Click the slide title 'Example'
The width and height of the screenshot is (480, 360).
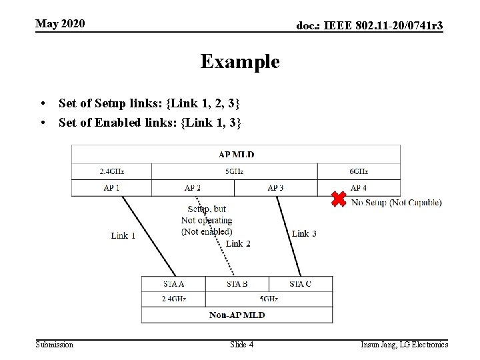(x=240, y=62)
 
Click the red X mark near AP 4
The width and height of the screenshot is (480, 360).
(x=339, y=199)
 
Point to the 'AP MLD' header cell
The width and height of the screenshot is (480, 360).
(x=237, y=155)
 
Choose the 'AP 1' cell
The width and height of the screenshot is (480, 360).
(x=111, y=188)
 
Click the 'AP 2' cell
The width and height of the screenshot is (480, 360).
(x=193, y=188)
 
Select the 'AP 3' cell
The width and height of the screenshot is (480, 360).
(x=275, y=188)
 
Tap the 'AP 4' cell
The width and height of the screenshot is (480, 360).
(x=359, y=188)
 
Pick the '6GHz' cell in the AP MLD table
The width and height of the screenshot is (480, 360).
(x=359, y=171)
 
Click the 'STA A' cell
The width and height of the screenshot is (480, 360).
(x=174, y=283)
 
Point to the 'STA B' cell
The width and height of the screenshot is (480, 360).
(x=237, y=283)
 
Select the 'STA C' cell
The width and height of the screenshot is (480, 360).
(x=300, y=283)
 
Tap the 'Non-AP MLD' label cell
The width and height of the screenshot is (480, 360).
(x=237, y=315)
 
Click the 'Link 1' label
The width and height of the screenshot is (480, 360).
(x=123, y=235)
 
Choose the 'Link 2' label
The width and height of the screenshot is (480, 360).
(x=238, y=244)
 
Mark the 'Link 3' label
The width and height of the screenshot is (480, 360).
(x=304, y=233)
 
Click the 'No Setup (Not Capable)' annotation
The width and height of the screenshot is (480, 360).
(x=396, y=203)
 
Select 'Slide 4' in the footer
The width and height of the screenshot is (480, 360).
(x=241, y=345)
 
